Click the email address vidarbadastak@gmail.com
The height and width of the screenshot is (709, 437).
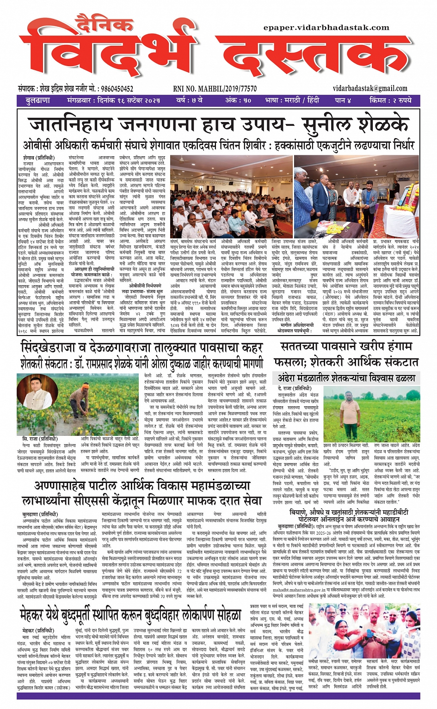[370, 88]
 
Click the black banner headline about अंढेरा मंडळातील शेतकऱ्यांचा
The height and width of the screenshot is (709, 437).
[346, 379]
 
